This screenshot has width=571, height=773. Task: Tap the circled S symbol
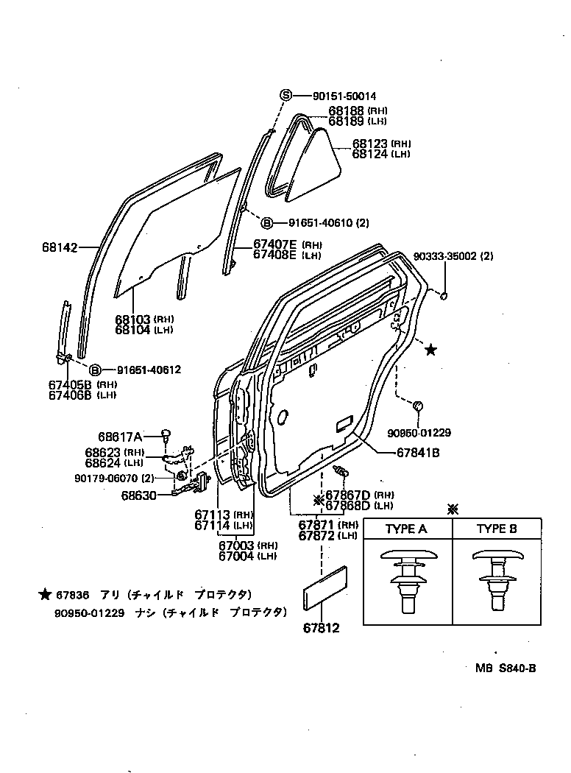285,96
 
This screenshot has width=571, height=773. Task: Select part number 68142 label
59,248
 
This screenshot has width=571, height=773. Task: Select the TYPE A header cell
406,529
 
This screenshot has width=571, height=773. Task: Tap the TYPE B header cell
497,529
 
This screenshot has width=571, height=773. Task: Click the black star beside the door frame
430,350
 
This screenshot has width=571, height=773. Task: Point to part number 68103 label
132,320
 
